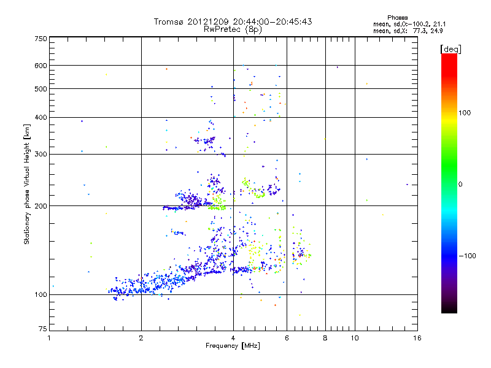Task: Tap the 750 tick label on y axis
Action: pos(41,39)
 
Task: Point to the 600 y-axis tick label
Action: pos(41,66)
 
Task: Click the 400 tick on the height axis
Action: pos(41,117)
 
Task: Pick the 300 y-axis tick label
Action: pos(41,154)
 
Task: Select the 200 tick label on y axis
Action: pos(41,206)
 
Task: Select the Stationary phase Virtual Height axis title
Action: pos(27,184)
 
